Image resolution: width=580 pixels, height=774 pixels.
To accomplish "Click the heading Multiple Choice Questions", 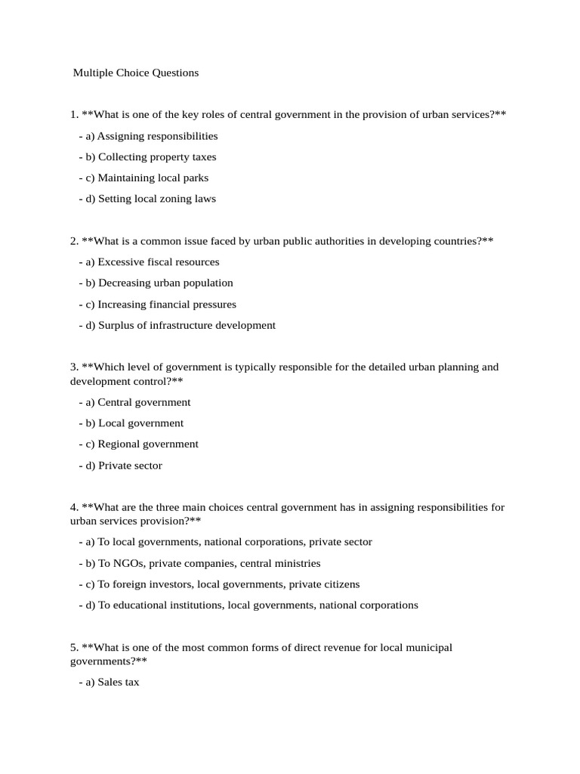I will [x=136, y=73].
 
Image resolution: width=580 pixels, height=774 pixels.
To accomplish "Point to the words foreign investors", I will [x=148, y=584].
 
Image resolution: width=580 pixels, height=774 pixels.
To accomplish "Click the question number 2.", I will [x=73, y=241].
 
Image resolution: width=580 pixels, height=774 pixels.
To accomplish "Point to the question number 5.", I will [x=73, y=648].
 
